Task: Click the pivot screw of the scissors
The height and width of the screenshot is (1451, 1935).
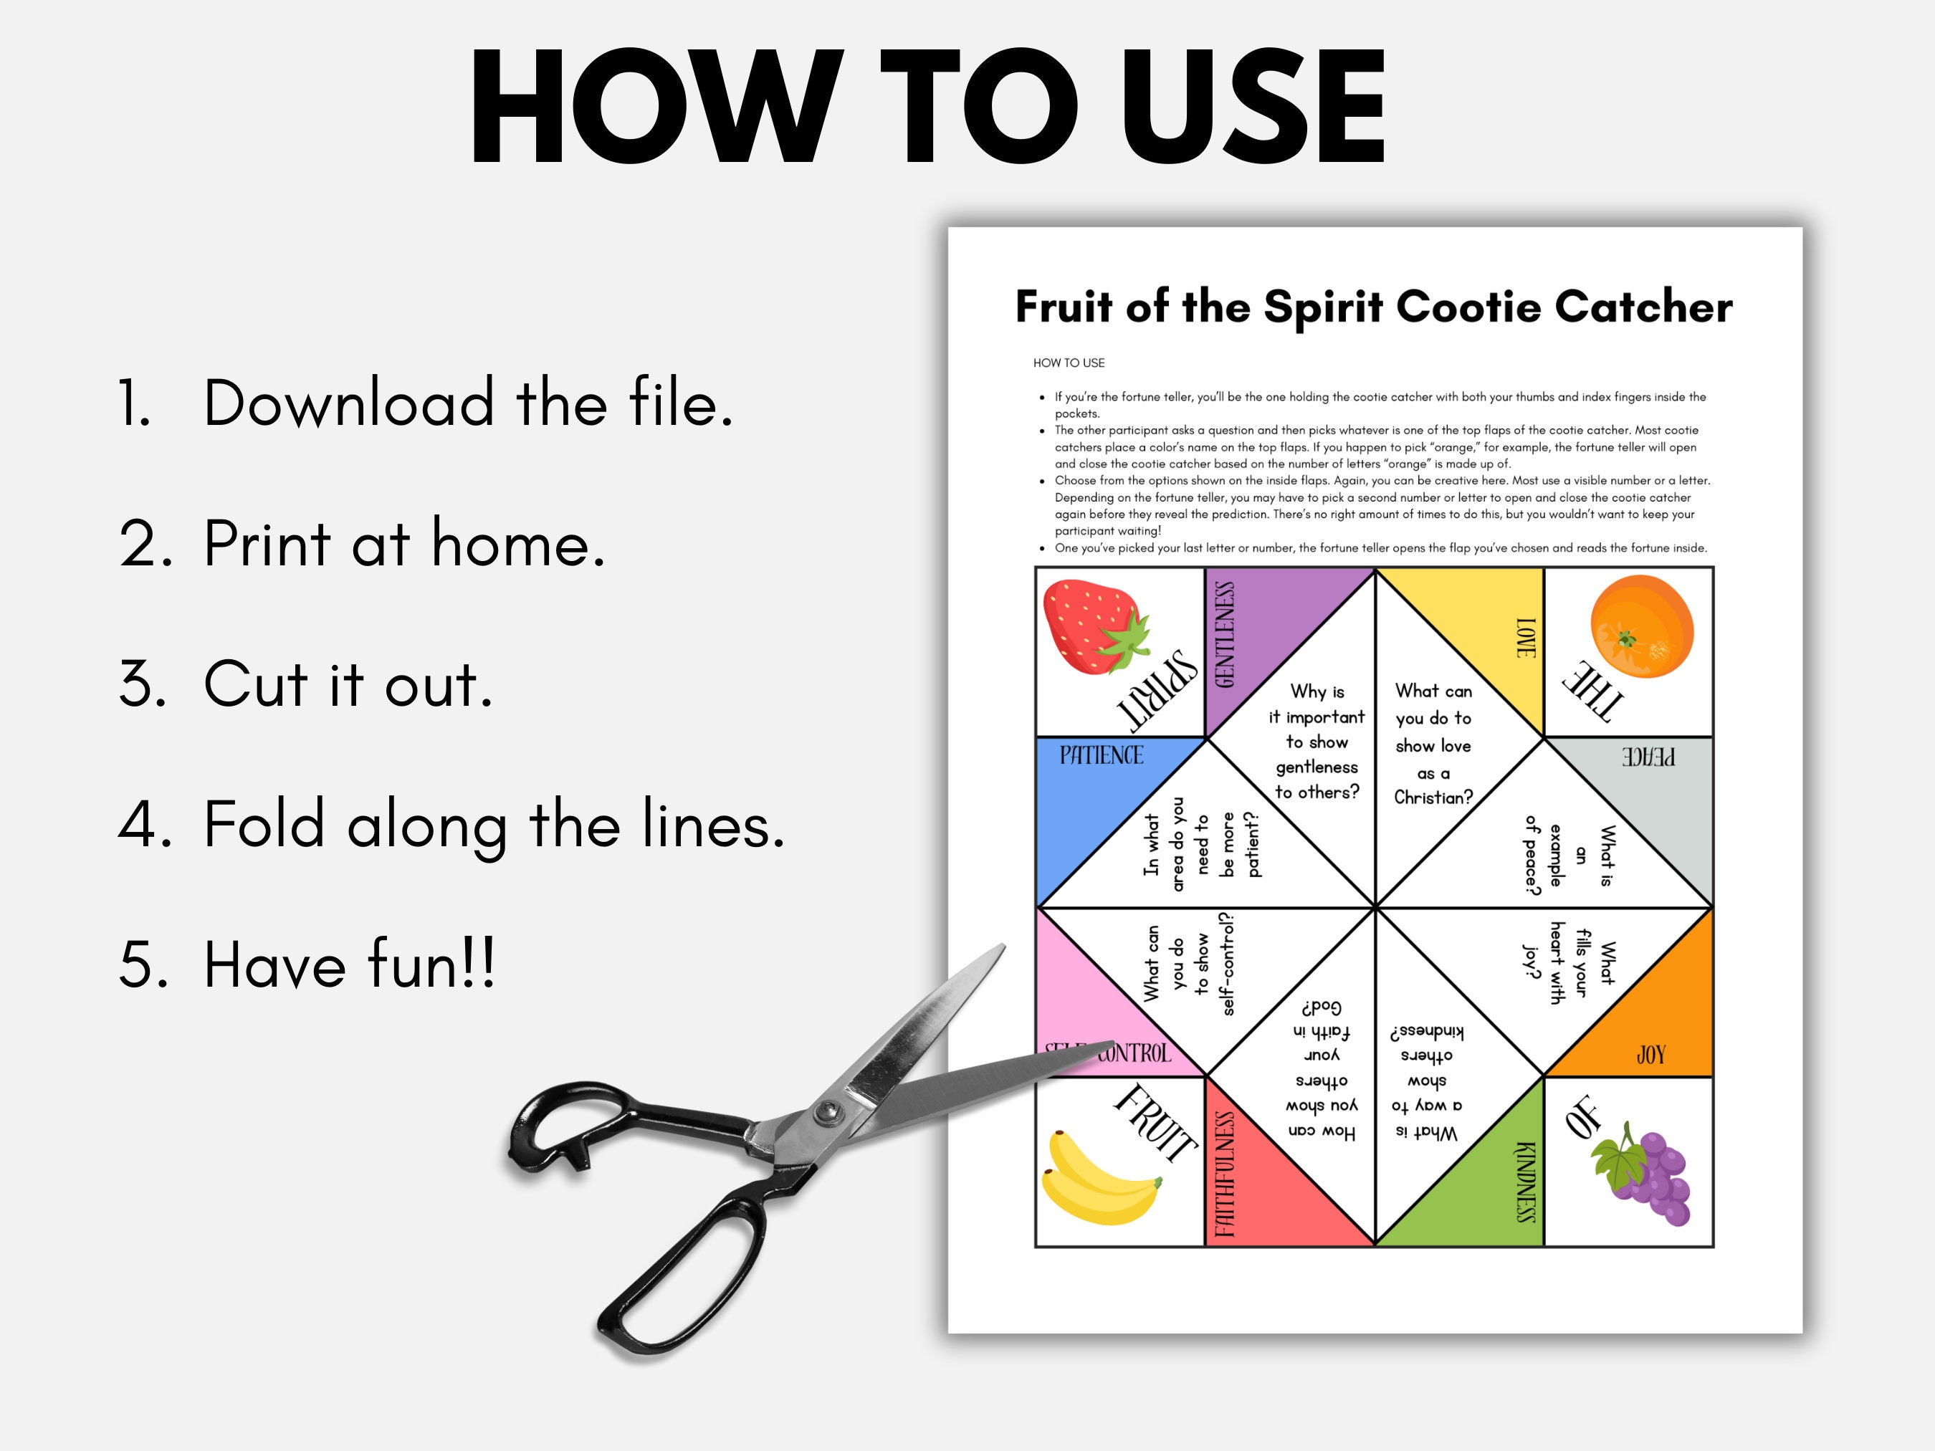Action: [x=825, y=1113]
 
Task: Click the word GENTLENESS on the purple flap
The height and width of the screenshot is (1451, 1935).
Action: [x=1225, y=635]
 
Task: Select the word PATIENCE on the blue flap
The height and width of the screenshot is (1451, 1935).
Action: [x=1102, y=755]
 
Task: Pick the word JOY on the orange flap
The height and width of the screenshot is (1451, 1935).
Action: [x=1650, y=1055]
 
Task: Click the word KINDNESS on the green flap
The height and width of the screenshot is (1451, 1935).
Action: [x=1525, y=1181]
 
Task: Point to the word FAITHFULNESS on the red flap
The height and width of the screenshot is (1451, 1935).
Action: [x=1225, y=1174]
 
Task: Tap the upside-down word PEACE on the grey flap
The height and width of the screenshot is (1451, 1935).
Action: [x=1649, y=757]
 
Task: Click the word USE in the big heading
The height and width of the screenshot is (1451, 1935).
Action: [x=1253, y=107]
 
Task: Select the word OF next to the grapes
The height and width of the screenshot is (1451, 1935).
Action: [x=1582, y=1117]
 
